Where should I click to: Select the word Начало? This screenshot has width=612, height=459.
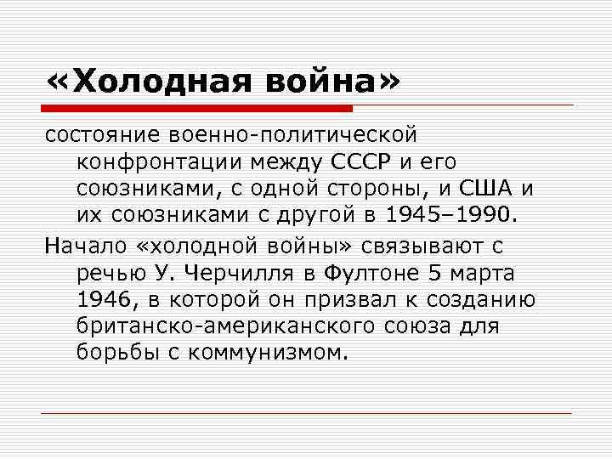[x=86, y=247]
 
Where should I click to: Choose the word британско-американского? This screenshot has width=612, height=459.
[x=225, y=326]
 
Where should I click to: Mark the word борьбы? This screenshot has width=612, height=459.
[x=108, y=352]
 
